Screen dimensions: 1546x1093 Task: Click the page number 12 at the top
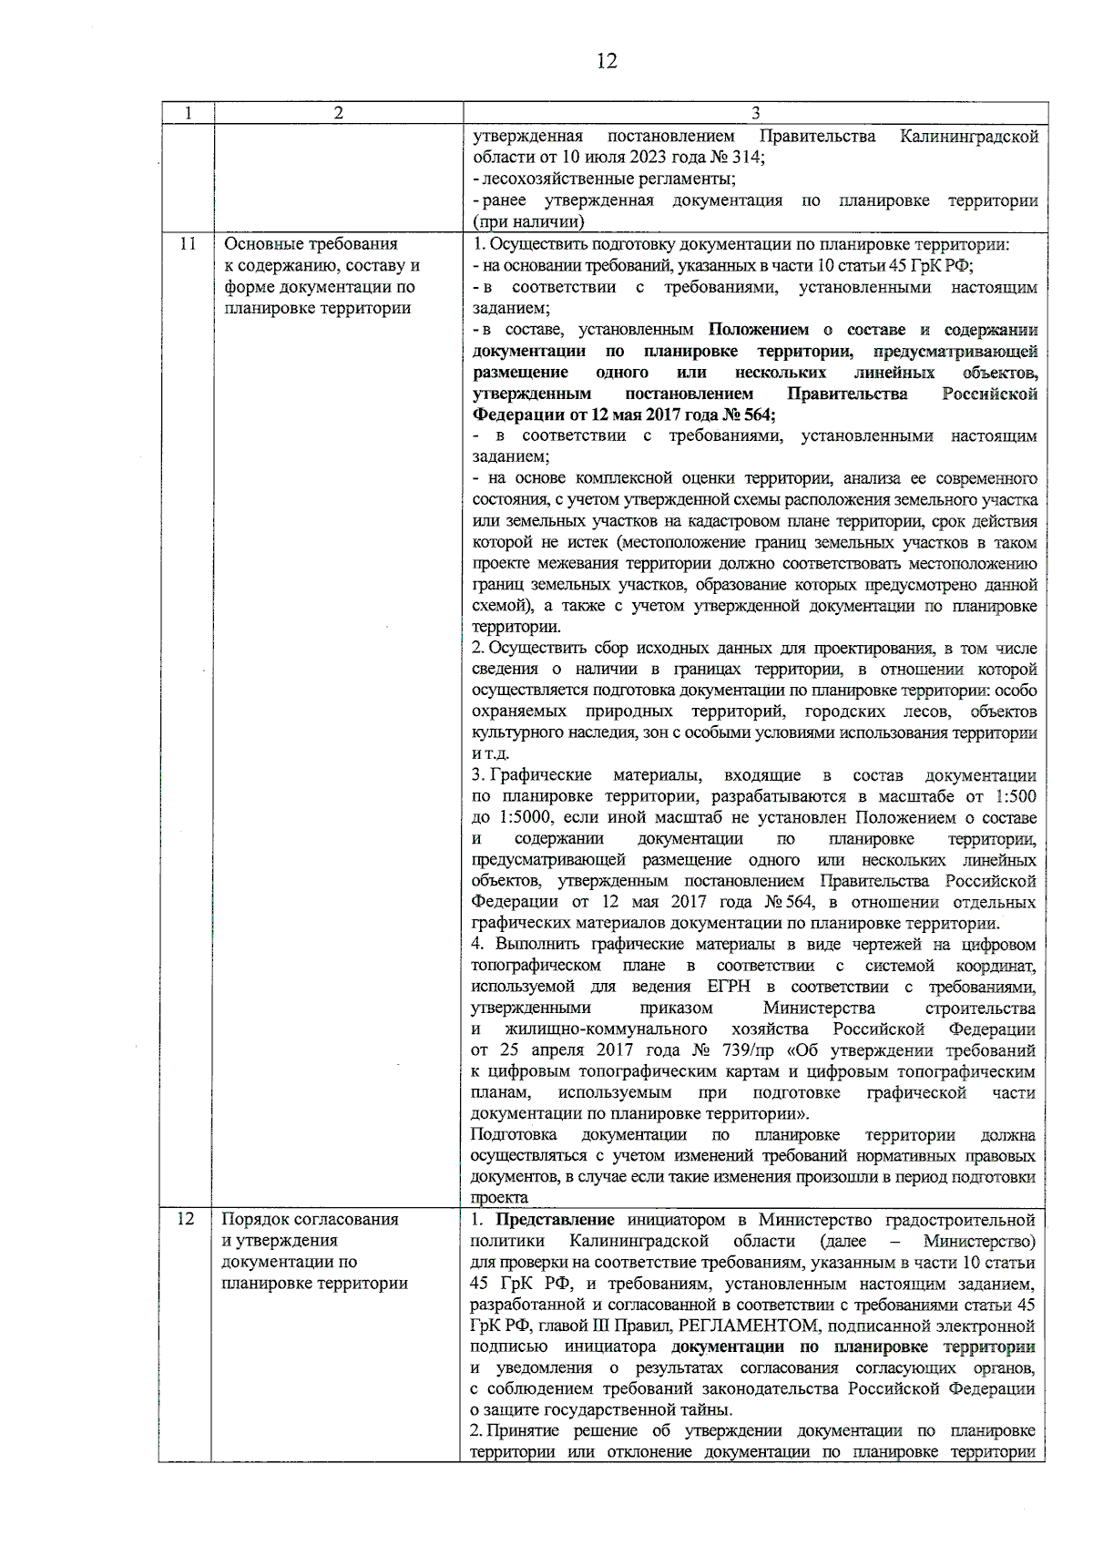pos(607,61)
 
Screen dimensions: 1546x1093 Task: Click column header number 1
pos(187,113)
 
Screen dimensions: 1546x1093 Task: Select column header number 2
pos(338,113)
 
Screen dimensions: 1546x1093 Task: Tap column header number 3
pos(755,113)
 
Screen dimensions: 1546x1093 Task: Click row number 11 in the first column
pos(187,244)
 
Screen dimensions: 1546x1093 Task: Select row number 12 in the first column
pos(186,1219)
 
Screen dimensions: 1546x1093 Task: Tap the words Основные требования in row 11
pos(311,244)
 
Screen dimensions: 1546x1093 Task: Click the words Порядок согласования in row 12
pos(311,1219)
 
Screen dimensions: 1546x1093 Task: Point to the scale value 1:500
pos(1014,796)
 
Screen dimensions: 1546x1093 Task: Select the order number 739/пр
pos(741,1050)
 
